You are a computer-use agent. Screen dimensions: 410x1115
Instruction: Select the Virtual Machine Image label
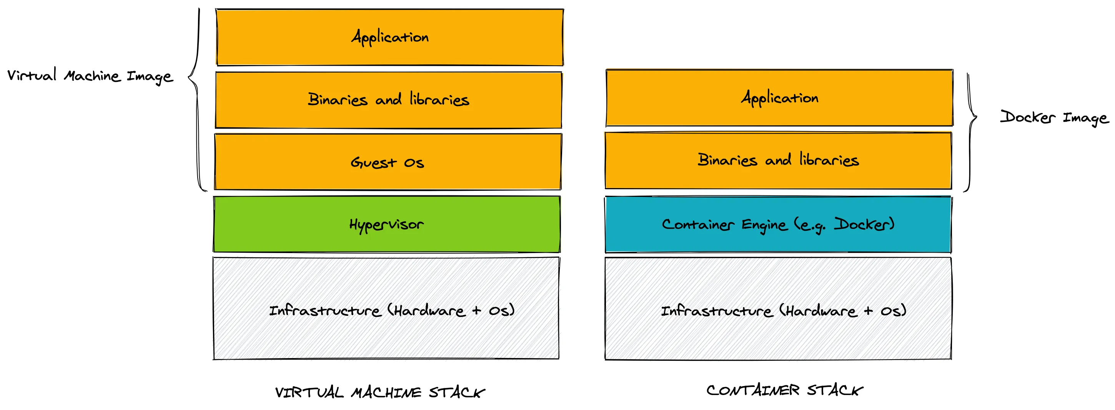pos(90,76)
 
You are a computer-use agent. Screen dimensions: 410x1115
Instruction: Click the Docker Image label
pos(1054,118)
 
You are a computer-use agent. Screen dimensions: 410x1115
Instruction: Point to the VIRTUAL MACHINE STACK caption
pos(380,392)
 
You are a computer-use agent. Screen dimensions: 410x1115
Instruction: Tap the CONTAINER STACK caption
pos(785,390)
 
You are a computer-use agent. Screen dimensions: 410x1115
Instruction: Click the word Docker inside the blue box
pos(864,224)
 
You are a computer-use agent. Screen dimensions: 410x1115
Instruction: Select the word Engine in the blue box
pos(764,225)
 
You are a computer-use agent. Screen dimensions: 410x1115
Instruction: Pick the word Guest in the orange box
pos(373,162)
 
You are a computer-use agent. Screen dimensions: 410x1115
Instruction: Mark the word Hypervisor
pos(386,224)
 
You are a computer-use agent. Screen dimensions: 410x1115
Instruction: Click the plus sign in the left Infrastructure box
pos(476,310)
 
